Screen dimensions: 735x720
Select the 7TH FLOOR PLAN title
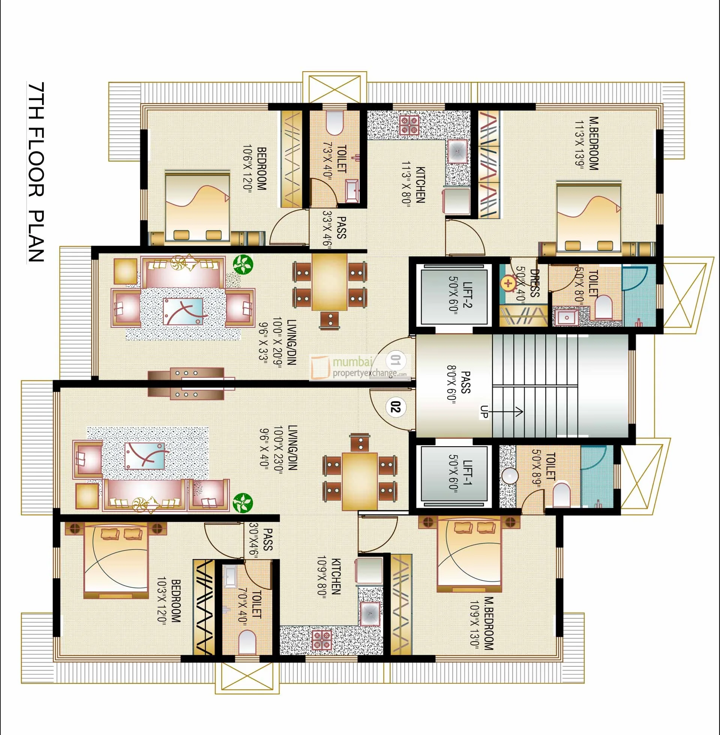coord(36,172)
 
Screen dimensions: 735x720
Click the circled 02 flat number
coord(395,408)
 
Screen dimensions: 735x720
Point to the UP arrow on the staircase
coord(507,412)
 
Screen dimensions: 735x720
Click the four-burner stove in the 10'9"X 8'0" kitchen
coord(321,640)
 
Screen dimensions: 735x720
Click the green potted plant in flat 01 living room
coord(243,264)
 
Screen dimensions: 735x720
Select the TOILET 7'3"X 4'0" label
coord(334,159)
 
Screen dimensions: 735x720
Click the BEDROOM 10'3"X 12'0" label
coord(169,601)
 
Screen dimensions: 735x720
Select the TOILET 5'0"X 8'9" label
coord(544,467)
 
